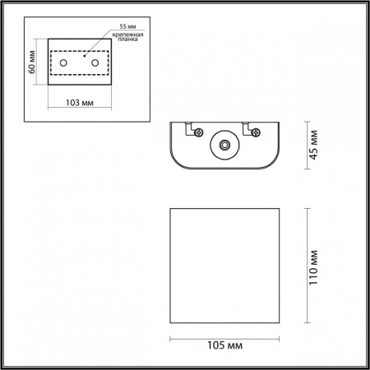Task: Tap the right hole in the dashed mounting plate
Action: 95,62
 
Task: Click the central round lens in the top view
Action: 224,146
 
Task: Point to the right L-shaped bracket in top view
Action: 249,129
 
